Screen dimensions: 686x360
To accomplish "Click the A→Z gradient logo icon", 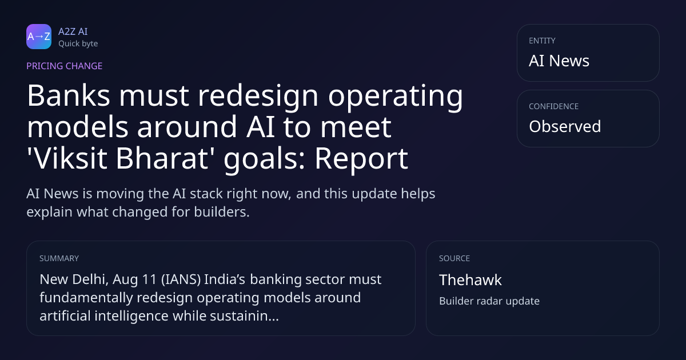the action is point(39,37).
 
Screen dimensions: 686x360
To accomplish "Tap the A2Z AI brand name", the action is point(73,31).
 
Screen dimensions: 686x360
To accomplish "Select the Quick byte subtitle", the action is point(78,44).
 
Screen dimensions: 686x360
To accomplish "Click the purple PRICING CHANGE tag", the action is point(64,66).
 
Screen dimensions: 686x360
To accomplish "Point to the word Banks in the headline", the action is point(69,95).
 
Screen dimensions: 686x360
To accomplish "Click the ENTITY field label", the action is point(542,41).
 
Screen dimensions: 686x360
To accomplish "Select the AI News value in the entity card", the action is point(559,61).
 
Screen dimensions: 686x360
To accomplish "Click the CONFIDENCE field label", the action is point(554,106).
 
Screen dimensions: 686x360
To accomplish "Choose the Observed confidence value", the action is point(565,126).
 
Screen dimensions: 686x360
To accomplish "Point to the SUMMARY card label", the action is point(59,258).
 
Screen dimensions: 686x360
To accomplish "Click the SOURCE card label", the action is point(454,258).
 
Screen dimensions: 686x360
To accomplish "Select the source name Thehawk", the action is point(470,280).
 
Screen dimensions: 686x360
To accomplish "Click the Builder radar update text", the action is point(489,301).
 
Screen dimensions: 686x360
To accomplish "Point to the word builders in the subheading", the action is point(222,212).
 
